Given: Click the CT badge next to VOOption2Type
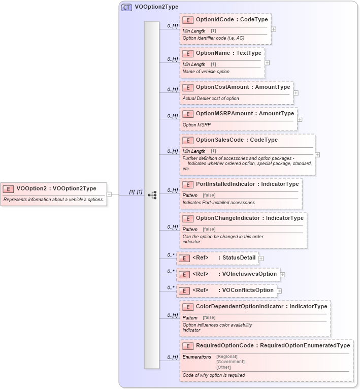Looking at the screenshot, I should tap(126, 8).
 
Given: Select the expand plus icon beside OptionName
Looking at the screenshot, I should tap(267, 62).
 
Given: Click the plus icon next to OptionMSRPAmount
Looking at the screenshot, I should tap(300, 119).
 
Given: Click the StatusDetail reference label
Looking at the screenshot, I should tap(239, 257).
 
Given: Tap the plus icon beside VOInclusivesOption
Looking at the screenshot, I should tap(282, 274).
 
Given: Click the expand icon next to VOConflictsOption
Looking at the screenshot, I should tap(279, 291).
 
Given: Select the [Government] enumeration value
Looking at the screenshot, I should tap(230, 362).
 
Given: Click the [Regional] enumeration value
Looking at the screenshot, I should tap(227, 356).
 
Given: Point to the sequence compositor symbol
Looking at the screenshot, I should tap(152, 195).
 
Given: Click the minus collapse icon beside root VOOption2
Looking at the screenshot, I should tap(109, 194).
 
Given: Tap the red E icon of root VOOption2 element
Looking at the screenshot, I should tap(8, 188).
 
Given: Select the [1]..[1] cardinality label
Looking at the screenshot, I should tap(136, 191).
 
